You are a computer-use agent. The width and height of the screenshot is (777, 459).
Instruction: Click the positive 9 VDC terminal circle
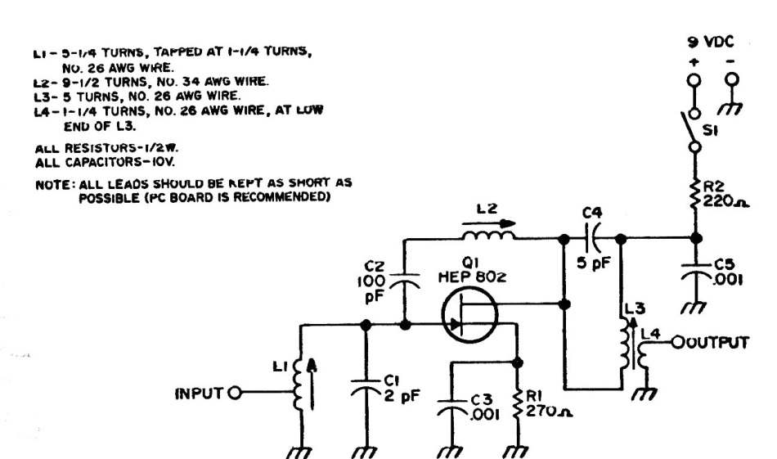point(694,80)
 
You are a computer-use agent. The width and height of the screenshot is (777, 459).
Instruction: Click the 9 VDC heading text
point(711,43)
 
